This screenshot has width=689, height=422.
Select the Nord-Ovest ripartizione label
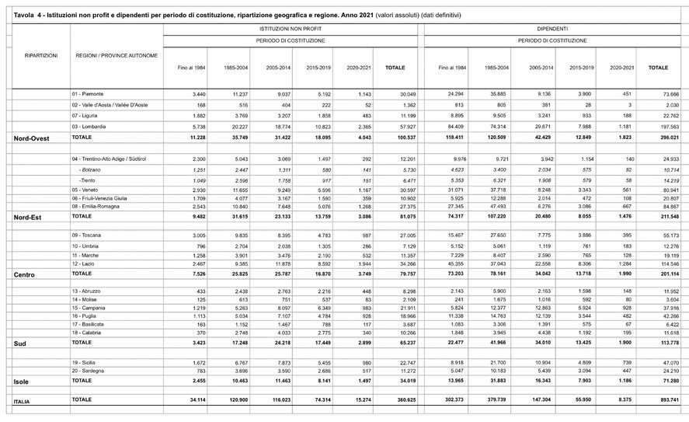tap(32, 138)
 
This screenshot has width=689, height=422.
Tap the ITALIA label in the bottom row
tap(26, 400)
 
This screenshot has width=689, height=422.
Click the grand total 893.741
tap(658, 399)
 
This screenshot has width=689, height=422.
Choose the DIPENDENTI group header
tap(552, 27)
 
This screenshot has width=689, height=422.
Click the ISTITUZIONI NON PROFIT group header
tap(291, 27)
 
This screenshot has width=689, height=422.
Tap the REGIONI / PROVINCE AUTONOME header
tap(117, 56)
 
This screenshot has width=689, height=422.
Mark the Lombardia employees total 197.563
tap(658, 126)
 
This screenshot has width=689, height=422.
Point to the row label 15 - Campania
tap(92, 308)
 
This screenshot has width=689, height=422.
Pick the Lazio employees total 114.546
tap(658, 264)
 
